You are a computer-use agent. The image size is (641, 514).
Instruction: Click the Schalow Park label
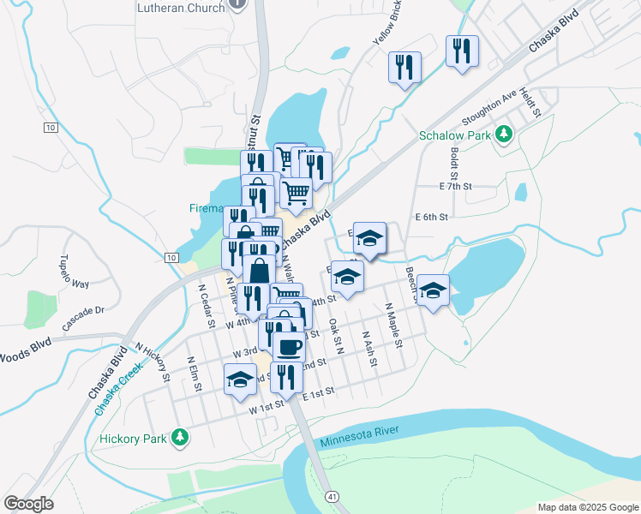tap(454, 135)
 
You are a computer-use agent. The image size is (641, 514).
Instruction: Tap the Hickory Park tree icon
tap(179, 437)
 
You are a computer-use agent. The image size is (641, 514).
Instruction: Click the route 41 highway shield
tap(331, 496)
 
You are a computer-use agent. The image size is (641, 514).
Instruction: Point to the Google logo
tap(29, 504)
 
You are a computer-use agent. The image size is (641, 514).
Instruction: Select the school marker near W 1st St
tap(240, 378)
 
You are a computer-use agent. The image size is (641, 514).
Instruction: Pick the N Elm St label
tap(194, 374)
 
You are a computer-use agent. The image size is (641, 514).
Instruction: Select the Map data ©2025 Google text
tap(587, 507)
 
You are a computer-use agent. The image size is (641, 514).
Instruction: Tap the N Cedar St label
tap(206, 306)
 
